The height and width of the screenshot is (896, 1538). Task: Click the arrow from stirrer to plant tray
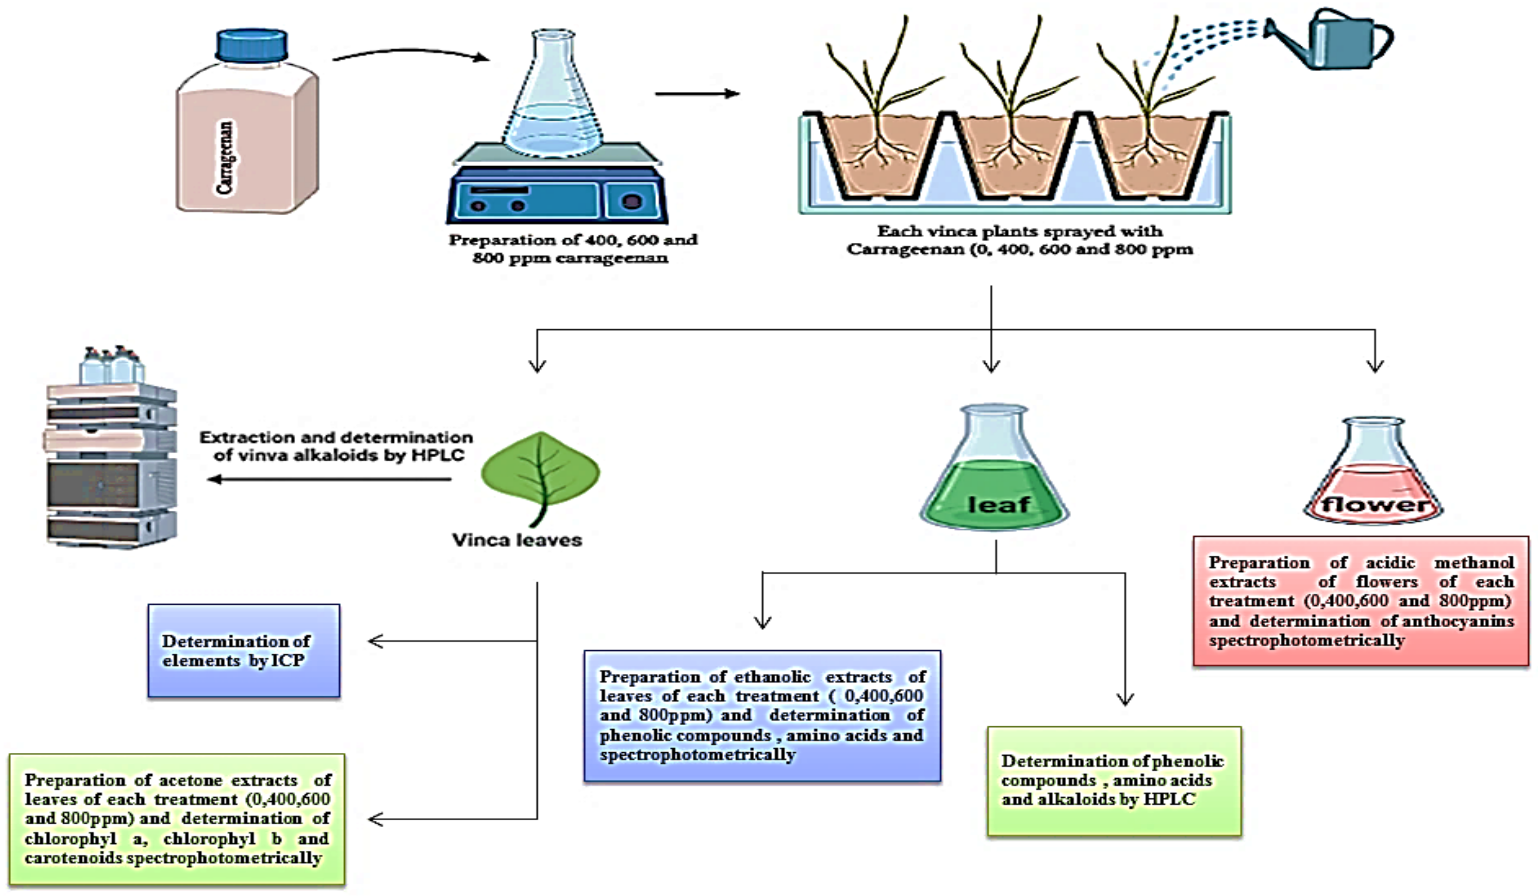coord(697,93)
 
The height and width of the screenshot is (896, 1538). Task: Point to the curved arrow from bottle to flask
coord(411,53)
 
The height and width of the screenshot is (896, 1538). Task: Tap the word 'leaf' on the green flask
coord(999,504)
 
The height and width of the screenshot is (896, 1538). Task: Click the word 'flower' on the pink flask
coord(1374,504)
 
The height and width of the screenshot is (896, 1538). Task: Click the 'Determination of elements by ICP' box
coord(244,650)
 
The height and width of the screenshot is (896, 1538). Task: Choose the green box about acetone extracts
coord(177,819)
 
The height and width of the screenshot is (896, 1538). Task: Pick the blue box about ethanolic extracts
coord(762,715)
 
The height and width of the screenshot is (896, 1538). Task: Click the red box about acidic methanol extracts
coord(1361,601)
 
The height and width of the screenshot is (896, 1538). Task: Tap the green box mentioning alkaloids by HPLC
coord(1114,780)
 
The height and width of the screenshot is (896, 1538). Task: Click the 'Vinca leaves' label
coord(517,540)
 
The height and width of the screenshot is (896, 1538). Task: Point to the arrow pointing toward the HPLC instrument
coord(330,479)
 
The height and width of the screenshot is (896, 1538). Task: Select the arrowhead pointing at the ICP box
coord(375,641)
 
